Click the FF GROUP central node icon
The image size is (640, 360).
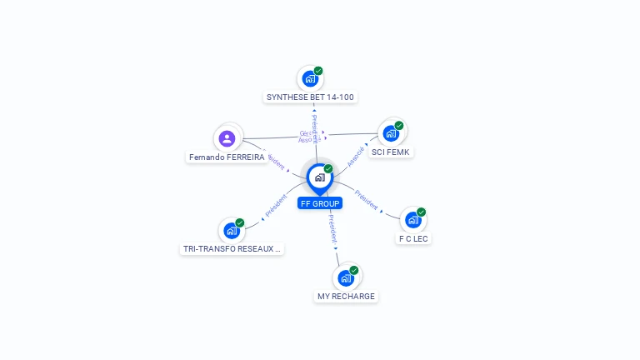tap(319, 177)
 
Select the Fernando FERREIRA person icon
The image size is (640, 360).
tap(227, 138)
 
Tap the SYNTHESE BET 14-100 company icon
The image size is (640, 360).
tap(310, 79)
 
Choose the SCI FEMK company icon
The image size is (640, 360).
tap(390, 133)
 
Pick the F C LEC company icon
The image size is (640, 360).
tap(412, 220)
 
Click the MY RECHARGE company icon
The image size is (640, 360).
tap(345, 278)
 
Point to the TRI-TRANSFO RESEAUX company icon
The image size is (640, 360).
tap(231, 231)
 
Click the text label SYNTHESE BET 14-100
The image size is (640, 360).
tap(310, 97)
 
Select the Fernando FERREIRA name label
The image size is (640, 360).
tap(227, 157)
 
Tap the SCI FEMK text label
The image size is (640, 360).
tap(392, 152)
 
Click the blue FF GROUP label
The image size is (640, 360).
tap(320, 202)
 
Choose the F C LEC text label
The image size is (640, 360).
tap(414, 238)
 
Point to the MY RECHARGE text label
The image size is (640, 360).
tap(346, 296)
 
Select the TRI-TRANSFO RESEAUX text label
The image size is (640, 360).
tap(232, 248)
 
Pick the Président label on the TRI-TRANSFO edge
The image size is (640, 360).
tap(276, 207)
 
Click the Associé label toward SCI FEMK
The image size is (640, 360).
tap(356, 157)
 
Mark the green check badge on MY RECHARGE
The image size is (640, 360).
tap(354, 270)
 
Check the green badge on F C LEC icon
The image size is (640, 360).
tap(421, 212)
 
